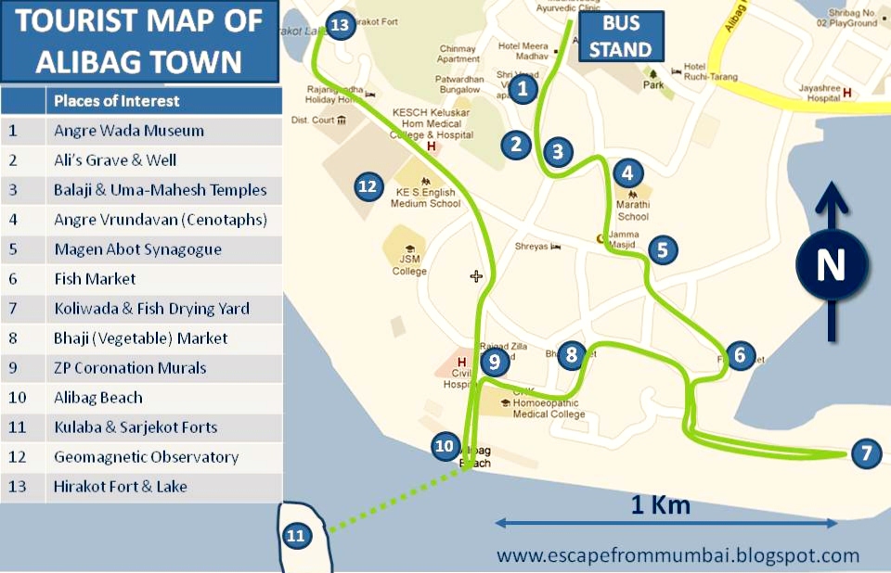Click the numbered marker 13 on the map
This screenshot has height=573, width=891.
click(341, 24)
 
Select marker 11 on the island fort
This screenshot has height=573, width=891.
click(296, 535)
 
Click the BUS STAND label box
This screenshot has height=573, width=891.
click(621, 36)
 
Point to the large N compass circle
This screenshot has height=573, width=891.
click(831, 265)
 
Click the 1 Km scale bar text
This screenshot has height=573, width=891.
click(661, 505)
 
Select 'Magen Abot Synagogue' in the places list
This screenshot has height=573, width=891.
click(137, 249)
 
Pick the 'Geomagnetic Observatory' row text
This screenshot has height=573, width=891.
click(146, 457)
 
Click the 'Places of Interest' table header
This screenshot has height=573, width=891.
click(117, 101)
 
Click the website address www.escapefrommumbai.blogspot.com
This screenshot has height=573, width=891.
click(678, 556)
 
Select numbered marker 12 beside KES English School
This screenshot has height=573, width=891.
click(368, 186)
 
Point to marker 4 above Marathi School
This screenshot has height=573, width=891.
click(627, 172)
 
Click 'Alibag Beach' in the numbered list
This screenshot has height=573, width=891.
click(98, 398)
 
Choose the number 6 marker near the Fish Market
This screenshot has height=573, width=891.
click(739, 354)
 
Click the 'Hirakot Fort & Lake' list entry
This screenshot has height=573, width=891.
click(121, 487)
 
